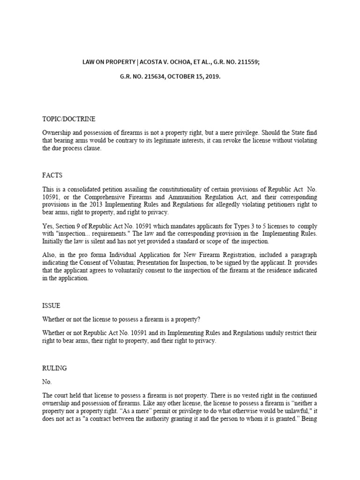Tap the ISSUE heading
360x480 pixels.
pyautogui.click(x=51, y=306)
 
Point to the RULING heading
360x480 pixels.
pyautogui.click(x=54, y=368)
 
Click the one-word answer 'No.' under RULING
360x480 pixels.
pyautogui.click(x=46, y=382)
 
